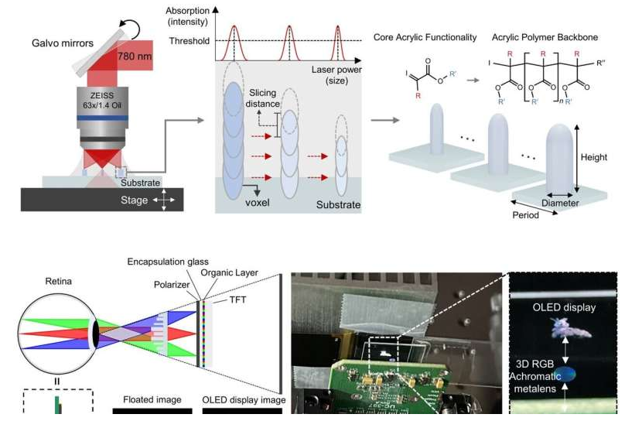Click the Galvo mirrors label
[63, 43]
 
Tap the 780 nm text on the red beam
[135, 56]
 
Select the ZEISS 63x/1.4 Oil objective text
[102, 101]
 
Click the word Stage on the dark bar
[134, 200]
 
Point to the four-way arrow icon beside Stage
[164, 200]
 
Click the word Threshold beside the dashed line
[189, 41]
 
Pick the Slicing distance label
[262, 98]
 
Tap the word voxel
[258, 203]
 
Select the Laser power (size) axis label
[336, 75]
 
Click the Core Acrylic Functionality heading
[425, 37]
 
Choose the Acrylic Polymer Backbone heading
[545, 37]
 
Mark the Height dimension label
[593, 157]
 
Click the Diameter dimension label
[560, 203]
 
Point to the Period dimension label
[525, 215]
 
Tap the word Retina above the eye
[58, 282]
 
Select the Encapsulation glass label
[168, 262]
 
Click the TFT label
[237, 299]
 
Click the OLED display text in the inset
[564, 307]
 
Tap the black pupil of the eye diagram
[96, 334]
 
